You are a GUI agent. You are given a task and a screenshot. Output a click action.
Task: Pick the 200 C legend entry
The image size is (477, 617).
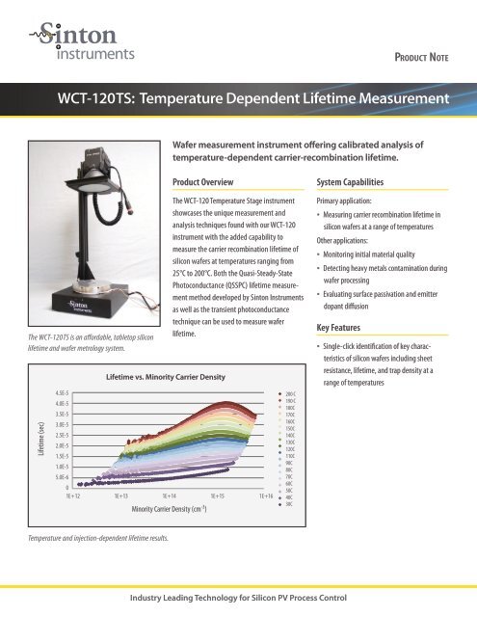tap(304, 393)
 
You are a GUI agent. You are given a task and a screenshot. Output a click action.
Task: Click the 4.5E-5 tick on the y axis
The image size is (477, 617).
tap(59, 392)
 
